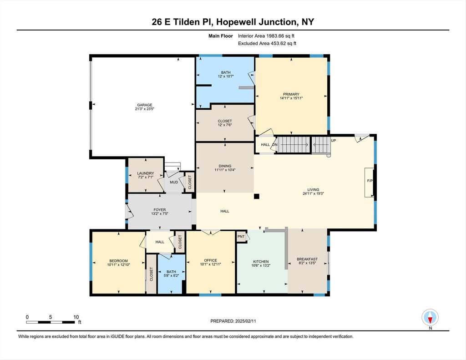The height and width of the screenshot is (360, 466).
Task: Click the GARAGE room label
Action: click(x=145, y=105)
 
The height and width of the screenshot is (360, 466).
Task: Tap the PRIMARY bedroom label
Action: click(x=291, y=94)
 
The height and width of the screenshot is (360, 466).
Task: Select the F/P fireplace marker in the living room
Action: click(x=370, y=181)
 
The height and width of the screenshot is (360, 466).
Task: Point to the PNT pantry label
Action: click(x=241, y=237)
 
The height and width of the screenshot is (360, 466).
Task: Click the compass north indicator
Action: click(x=430, y=318)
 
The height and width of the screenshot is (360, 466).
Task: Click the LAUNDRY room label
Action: click(x=146, y=173)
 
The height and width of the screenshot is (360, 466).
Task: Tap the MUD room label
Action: click(x=174, y=182)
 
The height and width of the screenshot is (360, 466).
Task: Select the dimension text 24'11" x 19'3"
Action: click(x=313, y=193)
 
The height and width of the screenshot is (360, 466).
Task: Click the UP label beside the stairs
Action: click(x=334, y=140)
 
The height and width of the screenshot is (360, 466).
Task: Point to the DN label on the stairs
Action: click(x=274, y=145)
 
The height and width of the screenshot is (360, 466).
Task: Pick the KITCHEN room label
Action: click(x=261, y=262)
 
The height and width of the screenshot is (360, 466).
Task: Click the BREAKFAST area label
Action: click(x=307, y=259)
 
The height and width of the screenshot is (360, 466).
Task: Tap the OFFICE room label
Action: click(x=210, y=260)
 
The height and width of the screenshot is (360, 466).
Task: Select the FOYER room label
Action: click(x=160, y=210)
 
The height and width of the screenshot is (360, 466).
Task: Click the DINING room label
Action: click(x=225, y=166)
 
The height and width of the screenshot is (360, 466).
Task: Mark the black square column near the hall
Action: click(x=257, y=196)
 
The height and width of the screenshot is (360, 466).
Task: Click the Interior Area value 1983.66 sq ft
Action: click(x=280, y=36)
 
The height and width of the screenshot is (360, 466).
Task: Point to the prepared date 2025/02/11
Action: click(x=245, y=321)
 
